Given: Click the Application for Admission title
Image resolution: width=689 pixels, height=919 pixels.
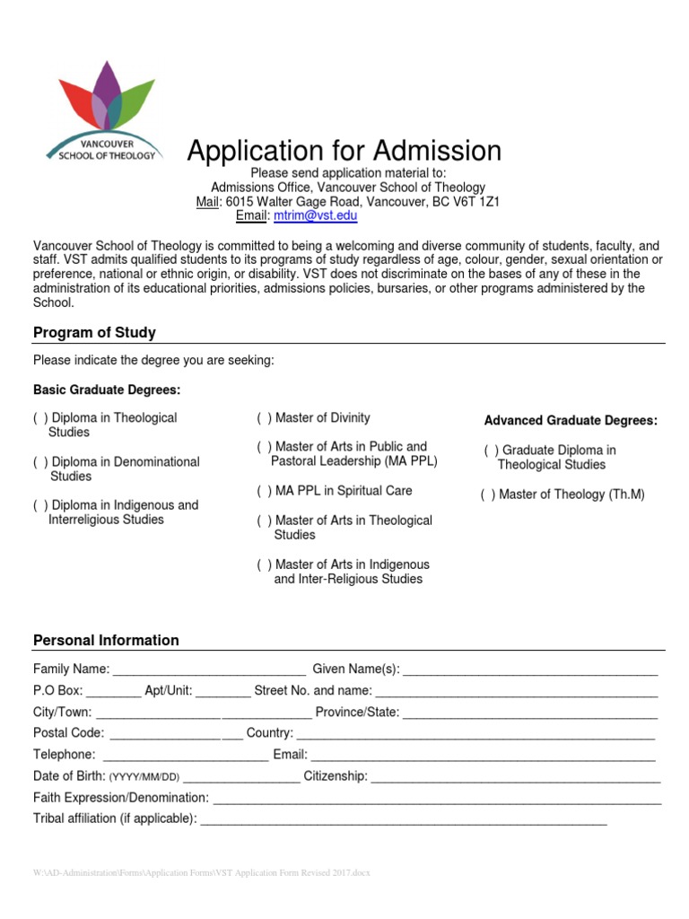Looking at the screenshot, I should tap(344, 150).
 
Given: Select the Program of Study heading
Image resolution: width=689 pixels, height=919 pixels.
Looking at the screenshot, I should tap(94, 333).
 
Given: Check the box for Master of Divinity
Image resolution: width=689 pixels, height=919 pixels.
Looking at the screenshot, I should tap(265, 418).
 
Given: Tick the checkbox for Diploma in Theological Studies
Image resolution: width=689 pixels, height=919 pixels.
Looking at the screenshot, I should tap(40, 418).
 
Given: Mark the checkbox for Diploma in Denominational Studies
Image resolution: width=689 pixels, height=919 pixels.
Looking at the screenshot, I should tap(40, 462).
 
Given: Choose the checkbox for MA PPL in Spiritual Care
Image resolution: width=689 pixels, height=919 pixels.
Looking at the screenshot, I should tap(265, 491).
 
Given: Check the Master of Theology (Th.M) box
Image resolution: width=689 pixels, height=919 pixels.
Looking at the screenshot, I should tap(488, 495).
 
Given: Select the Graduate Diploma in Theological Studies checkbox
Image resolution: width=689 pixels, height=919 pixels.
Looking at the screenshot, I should tap(492, 451).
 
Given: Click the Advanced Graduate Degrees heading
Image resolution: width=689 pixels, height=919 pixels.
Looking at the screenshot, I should tap(571, 421).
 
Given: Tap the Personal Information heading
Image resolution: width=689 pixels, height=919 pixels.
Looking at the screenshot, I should tap(106, 641).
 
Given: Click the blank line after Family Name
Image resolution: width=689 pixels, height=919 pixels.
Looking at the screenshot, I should tap(209, 670).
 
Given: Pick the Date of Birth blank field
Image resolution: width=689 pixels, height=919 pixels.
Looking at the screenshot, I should tap(241, 776).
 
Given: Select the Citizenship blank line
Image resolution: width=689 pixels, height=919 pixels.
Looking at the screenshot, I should tap(516, 776).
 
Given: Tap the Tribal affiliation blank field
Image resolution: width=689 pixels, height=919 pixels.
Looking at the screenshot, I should tap(403, 818).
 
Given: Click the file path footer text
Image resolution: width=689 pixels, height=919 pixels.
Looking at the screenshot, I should tap(201, 873).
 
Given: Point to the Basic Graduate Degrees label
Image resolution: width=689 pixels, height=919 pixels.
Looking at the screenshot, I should tap(107, 390).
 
